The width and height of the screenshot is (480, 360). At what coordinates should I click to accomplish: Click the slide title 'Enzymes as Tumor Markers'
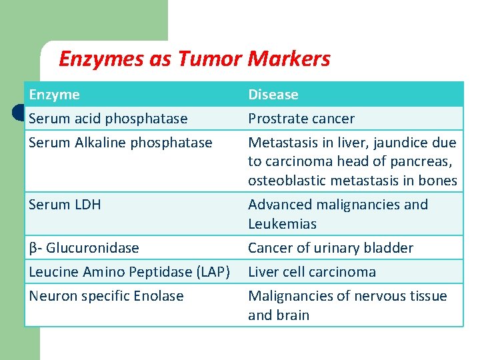pos(194,59)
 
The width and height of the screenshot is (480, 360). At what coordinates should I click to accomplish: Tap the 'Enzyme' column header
pos(54,95)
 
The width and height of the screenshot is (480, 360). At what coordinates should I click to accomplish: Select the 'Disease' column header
pos(273,95)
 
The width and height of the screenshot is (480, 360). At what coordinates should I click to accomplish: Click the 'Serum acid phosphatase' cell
pos(108,119)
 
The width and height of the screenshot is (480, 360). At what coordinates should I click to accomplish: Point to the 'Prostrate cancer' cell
pos(301,119)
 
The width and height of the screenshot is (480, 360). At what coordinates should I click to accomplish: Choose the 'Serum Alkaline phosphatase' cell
pos(120,143)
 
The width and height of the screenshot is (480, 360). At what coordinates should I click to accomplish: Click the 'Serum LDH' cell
pos(65,205)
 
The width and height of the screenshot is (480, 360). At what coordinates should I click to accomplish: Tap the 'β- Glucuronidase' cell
pos(84,248)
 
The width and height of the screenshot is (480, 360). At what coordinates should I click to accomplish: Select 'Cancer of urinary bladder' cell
pos(330,248)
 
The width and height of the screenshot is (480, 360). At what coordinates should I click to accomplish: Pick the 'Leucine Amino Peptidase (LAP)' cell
pos(129,272)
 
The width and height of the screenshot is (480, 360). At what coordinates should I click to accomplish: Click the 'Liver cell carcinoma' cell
pos(311,272)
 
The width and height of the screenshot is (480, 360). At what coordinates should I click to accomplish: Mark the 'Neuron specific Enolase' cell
pos(106,296)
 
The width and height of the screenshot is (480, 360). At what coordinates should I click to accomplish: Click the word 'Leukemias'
pos(282,224)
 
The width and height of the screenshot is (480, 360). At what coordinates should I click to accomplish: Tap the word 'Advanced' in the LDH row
pos(279,205)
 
